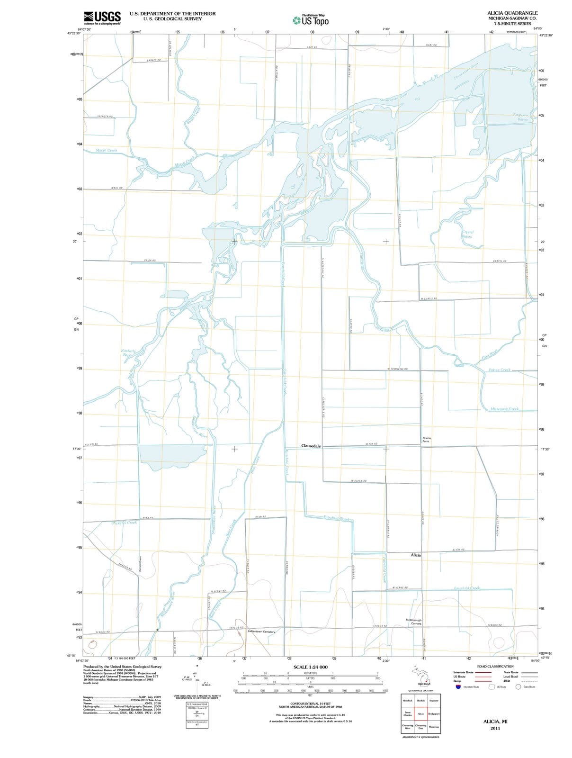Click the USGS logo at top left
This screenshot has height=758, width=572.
[x=102, y=18]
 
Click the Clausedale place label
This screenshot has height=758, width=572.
[x=311, y=446]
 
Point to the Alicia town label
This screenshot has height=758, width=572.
[x=415, y=555]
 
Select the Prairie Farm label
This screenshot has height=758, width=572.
[x=426, y=439]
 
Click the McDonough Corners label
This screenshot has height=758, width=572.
[x=413, y=622]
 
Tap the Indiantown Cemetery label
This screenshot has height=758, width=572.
[x=261, y=632]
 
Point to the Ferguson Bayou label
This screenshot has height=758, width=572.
[x=523, y=117]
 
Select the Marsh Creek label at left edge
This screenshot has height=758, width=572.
[x=107, y=150]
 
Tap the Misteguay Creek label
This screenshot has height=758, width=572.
[x=504, y=409]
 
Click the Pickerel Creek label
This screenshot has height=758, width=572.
[x=125, y=523]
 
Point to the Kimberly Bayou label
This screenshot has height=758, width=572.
[x=128, y=352]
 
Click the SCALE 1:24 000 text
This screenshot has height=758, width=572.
[x=310, y=667]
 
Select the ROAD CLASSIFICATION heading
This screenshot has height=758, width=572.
[x=495, y=666]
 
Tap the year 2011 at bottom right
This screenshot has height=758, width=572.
[x=495, y=728]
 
